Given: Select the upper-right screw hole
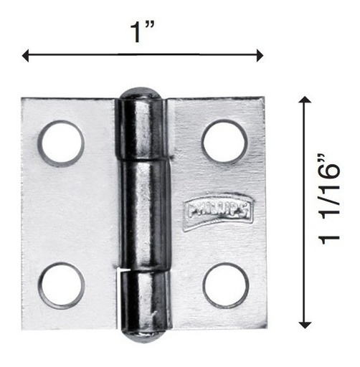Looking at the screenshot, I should pyautogui.click(x=224, y=141).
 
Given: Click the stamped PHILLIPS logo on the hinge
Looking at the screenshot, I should pyautogui.click(x=217, y=211).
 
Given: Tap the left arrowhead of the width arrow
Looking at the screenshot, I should pyautogui.click(x=27, y=55).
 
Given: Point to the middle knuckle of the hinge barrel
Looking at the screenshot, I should pyautogui.click(x=143, y=216).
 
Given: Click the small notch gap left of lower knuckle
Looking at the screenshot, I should pyautogui.click(x=120, y=270).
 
